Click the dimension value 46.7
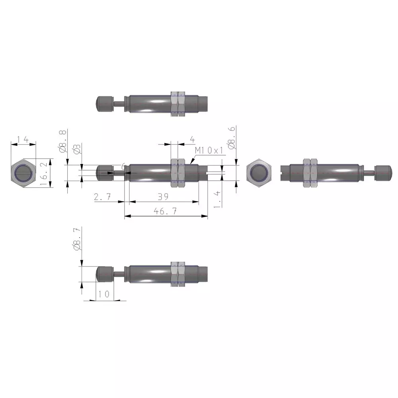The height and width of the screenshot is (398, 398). [166, 211]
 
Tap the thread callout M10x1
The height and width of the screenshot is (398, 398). [210, 150]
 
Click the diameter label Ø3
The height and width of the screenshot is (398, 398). [77, 149]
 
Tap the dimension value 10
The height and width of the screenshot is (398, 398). [103, 295]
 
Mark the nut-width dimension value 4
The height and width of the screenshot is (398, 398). [192, 139]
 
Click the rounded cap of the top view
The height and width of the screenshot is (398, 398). [104, 103]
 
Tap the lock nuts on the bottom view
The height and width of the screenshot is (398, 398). [178, 274]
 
